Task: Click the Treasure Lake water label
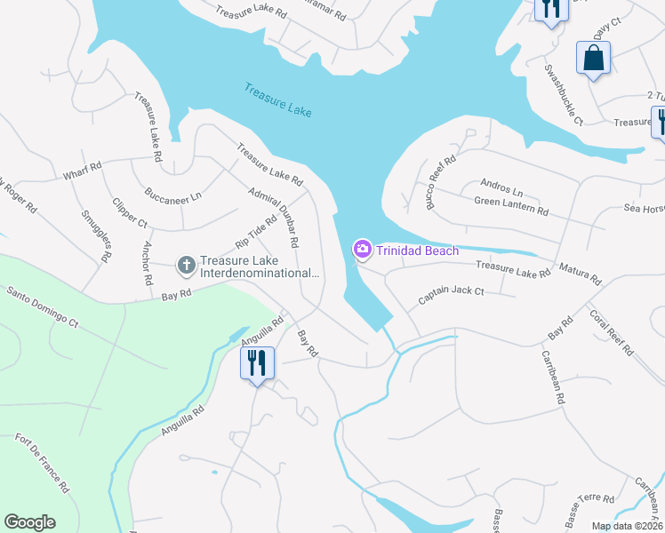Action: (278, 99)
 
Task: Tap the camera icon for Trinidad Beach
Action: (363, 251)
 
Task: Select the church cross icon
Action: (186, 265)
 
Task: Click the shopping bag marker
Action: (593, 59)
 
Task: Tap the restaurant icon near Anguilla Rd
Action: (257, 362)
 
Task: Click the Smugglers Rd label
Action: (96, 235)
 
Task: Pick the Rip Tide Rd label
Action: (256, 230)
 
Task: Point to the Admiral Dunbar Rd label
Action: (274, 207)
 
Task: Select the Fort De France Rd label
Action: (43, 462)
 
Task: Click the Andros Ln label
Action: (501, 188)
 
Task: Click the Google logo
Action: (29, 522)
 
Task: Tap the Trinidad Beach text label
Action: (417, 251)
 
